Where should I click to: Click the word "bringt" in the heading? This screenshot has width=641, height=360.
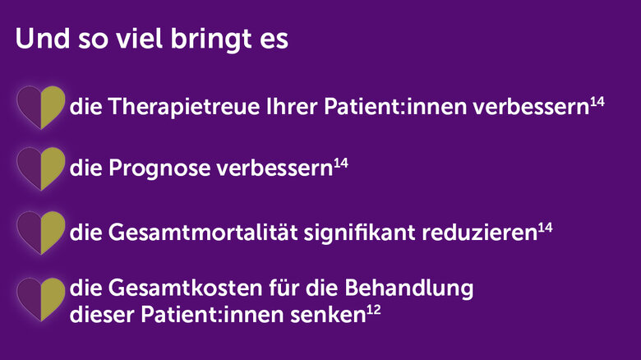[210, 39]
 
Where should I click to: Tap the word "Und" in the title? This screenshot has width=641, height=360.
[43, 39]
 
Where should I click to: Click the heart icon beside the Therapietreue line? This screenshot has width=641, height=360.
[41, 107]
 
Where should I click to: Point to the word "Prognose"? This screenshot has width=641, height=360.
[159, 168]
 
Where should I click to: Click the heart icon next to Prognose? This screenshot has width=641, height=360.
[41, 168]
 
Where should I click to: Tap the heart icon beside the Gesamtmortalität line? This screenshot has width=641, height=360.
[41, 233]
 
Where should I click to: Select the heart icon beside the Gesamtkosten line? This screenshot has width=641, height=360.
[41, 299]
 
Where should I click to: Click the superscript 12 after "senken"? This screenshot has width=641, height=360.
[374, 310]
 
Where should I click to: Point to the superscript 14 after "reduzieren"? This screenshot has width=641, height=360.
[545, 228]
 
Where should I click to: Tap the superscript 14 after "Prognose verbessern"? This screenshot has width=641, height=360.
[341, 164]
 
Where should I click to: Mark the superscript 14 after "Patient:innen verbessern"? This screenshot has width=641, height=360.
[597, 102]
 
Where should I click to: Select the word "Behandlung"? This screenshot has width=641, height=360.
[409, 288]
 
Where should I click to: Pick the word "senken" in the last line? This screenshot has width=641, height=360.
[328, 315]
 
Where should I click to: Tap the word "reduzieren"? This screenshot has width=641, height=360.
[480, 233]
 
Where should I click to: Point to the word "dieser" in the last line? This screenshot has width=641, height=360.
[102, 315]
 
